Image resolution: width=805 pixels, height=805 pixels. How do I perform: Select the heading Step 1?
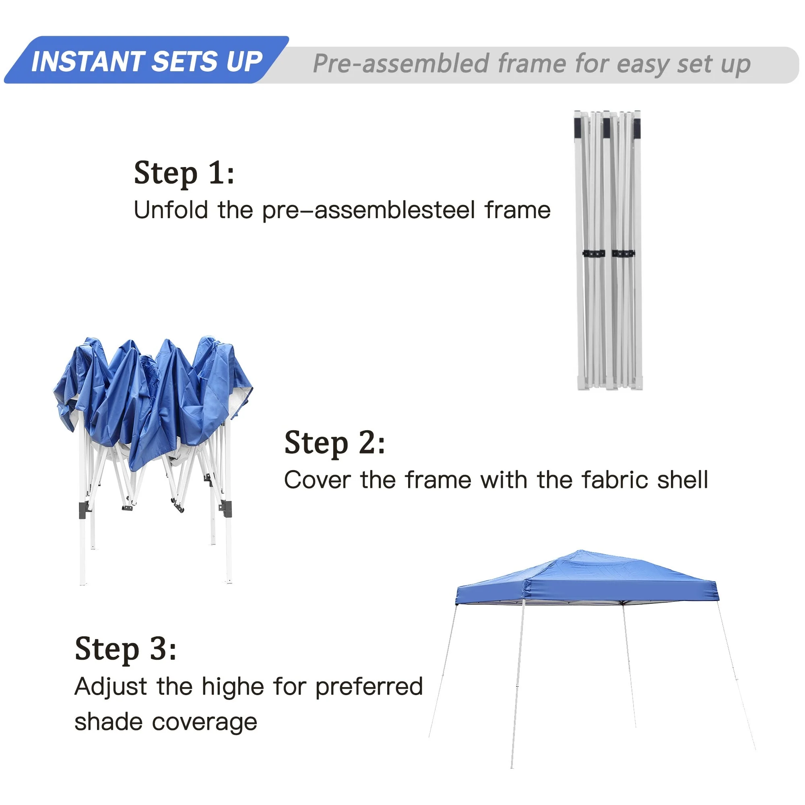184,173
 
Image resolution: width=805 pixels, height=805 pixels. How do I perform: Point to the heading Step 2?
334,443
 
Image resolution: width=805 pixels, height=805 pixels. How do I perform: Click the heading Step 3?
126,649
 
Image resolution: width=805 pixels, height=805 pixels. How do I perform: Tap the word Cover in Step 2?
317,480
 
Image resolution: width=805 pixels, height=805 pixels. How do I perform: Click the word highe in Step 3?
233,687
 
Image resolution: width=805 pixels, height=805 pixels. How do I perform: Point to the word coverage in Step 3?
204,723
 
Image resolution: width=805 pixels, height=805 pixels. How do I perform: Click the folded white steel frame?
608,250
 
